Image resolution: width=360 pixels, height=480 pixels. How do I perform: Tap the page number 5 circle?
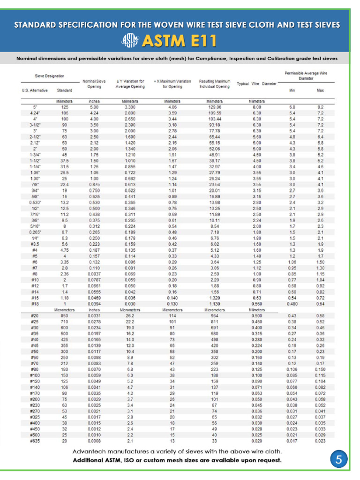click(x=339, y=460)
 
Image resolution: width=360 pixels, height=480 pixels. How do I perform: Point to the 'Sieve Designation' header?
click(x=50, y=75)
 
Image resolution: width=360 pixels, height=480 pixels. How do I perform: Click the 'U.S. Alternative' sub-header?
click(x=35, y=90)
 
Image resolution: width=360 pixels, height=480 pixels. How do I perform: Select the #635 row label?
click(x=34, y=441)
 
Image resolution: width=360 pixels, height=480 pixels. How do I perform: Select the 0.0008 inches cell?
click(x=94, y=441)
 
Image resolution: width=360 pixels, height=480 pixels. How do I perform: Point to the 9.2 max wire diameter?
click(x=321, y=107)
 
